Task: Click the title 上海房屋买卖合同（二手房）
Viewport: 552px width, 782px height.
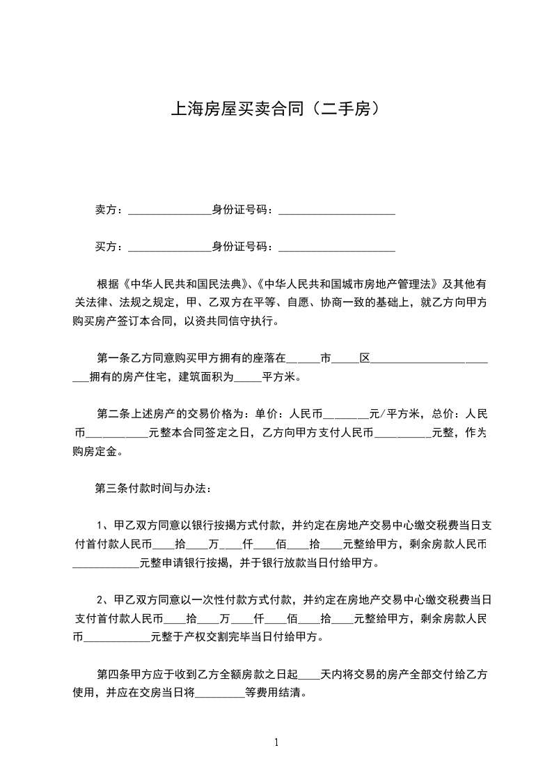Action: pos(276,109)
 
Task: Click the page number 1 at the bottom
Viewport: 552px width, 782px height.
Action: pos(276,742)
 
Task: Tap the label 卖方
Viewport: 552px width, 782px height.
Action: pos(106,209)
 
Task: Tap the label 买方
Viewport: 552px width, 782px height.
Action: pos(106,247)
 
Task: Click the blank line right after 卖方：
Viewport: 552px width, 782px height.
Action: pos(170,210)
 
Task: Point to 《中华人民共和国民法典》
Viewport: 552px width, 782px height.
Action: pos(185,284)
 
